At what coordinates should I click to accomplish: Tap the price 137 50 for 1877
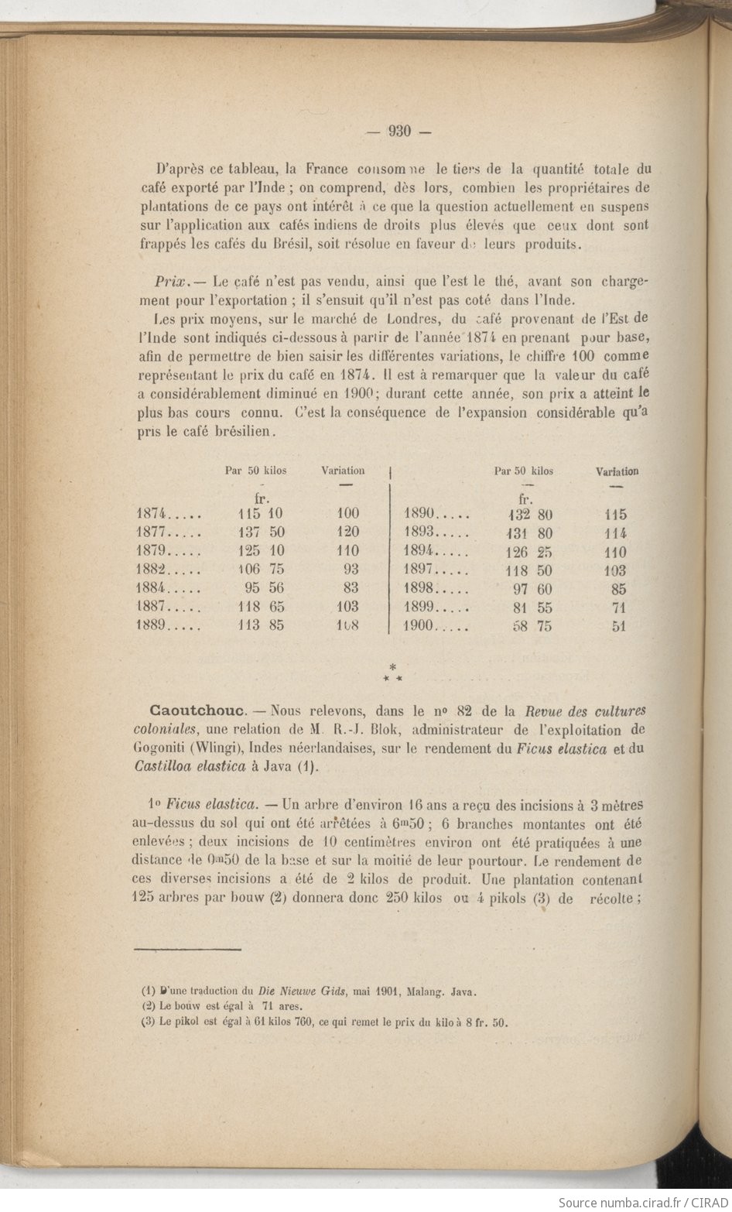click(x=261, y=532)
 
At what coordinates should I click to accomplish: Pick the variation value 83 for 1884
click(x=350, y=588)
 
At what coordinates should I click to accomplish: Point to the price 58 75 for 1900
click(x=532, y=627)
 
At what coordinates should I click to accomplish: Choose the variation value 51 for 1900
click(x=618, y=627)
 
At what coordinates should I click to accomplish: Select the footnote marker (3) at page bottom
click(x=149, y=1022)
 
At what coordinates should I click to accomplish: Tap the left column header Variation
click(x=343, y=471)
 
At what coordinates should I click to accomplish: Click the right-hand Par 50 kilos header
click(x=524, y=471)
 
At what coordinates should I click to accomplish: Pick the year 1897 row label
click(x=422, y=570)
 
